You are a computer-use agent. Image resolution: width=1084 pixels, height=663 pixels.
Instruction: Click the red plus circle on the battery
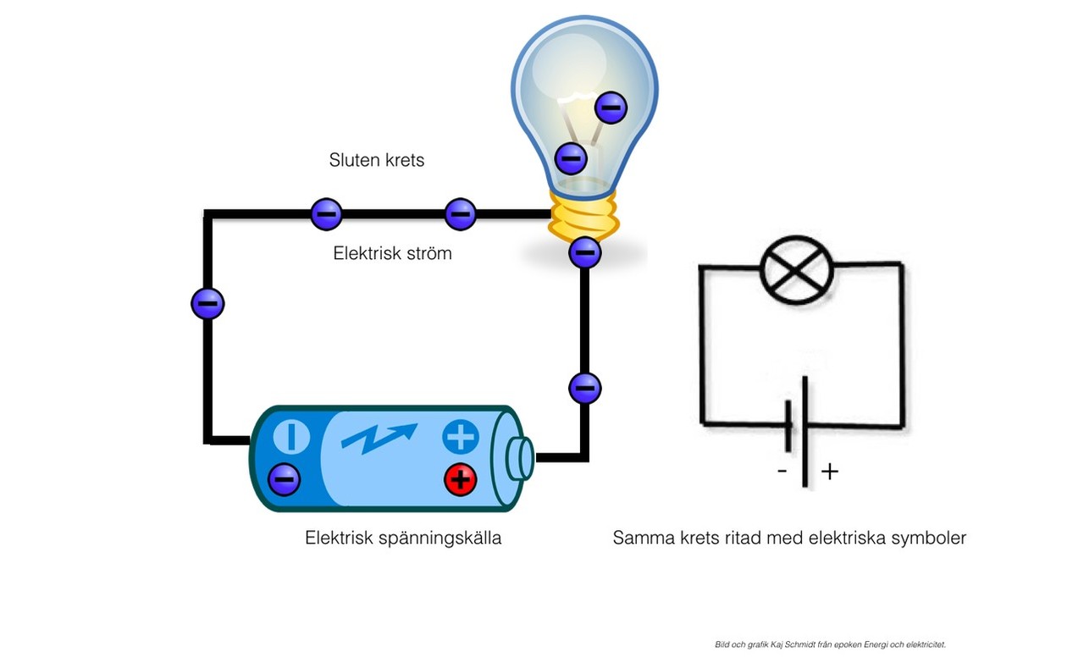[x=460, y=480]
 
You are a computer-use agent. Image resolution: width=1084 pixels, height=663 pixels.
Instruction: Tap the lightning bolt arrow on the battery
[x=379, y=436]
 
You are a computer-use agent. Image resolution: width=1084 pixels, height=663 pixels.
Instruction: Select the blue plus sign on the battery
[x=461, y=437]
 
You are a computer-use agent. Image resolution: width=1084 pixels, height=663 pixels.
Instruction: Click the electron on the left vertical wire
[x=207, y=303]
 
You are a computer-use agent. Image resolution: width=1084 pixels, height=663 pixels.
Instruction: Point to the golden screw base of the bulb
[x=584, y=217]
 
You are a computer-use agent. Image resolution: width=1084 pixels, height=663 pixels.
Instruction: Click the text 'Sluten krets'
[x=377, y=160]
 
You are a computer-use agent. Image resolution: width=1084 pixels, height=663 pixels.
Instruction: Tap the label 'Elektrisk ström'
[x=392, y=253]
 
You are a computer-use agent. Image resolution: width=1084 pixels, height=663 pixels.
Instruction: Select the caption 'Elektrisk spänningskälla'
[x=403, y=538]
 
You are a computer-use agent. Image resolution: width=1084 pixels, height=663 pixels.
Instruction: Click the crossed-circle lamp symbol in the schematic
[x=797, y=270]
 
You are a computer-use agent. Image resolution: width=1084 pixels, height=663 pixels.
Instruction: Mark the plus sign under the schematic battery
[x=830, y=472]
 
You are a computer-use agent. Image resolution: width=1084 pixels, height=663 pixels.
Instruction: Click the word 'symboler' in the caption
[x=928, y=538]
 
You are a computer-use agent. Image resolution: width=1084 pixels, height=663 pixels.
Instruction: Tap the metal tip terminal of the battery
[x=520, y=458]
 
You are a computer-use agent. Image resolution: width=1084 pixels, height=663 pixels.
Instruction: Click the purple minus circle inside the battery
[x=284, y=480]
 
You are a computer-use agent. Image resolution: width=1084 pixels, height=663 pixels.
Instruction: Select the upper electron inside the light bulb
[x=611, y=108]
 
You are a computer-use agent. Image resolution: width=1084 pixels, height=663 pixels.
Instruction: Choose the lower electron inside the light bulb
[x=571, y=157]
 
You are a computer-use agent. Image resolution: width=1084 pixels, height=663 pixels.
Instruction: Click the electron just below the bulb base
[x=585, y=251]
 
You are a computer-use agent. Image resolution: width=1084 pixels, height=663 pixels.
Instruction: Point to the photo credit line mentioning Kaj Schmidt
[x=830, y=644]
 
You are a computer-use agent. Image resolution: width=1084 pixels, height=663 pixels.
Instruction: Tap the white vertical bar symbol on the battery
[x=292, y=437]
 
